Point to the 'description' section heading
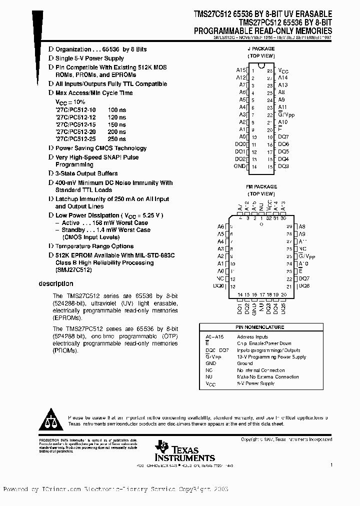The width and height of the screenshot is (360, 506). click(56, 284)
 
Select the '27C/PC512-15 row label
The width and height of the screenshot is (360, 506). click(75, 124)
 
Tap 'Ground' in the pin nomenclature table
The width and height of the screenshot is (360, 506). click(245, 363)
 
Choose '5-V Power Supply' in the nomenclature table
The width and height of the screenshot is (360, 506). click(255, 383)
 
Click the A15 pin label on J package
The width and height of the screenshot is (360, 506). click(241, 70)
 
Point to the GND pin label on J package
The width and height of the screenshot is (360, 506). click(240, 166)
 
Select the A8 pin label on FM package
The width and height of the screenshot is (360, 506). click(301, 226)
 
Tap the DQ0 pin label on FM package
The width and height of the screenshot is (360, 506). click(218, 286)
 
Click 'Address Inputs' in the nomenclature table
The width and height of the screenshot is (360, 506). click(253, 337)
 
